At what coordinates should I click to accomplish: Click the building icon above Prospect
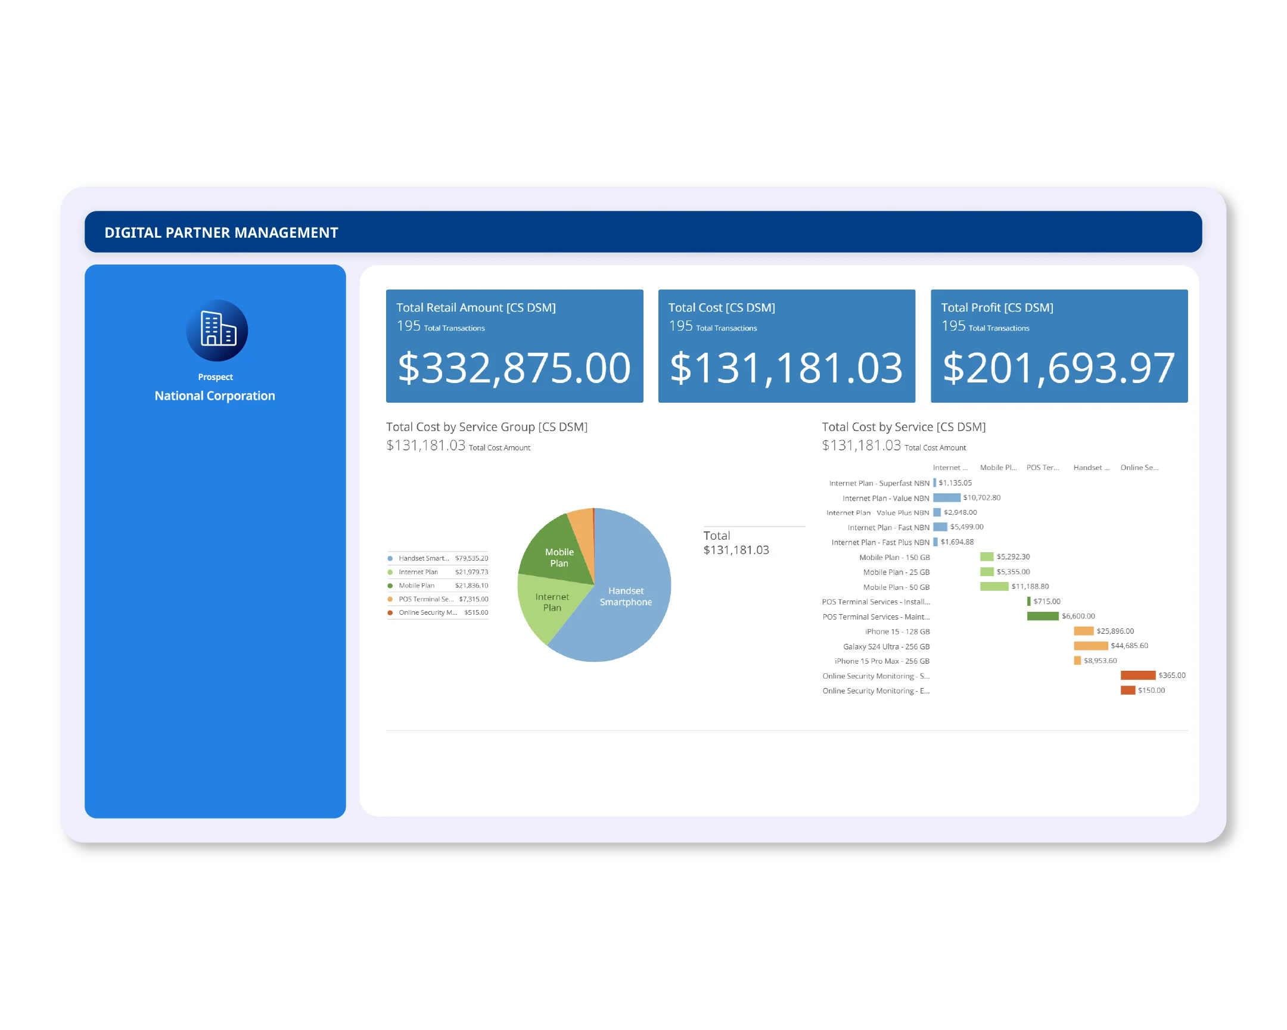coord(217,330)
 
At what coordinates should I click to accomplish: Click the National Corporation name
coord(215,396)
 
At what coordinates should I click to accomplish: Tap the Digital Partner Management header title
coord(221,232)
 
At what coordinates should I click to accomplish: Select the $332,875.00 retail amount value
coord(514,368)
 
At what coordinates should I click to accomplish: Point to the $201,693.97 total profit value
coord(1058,368)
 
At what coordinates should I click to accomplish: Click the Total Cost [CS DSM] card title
coord(721,307)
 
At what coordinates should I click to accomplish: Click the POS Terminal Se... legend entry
coord(425,599)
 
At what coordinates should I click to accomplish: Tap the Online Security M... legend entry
coord(427,612)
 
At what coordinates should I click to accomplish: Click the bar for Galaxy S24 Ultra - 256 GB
coord(1090,646)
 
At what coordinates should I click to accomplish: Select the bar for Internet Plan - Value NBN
coord(946,497)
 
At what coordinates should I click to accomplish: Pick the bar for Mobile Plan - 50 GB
coord(994,587)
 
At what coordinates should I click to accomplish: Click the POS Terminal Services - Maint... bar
coord(1042,616)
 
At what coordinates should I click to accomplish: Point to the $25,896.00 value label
coord(1114,631)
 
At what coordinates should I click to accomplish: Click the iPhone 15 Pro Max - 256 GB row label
coord(882,661)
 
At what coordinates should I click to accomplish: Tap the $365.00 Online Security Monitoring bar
coord(1138,675)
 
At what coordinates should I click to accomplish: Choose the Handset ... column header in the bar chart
coord(1090,467)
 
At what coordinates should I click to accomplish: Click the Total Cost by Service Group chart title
coord(487,427)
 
